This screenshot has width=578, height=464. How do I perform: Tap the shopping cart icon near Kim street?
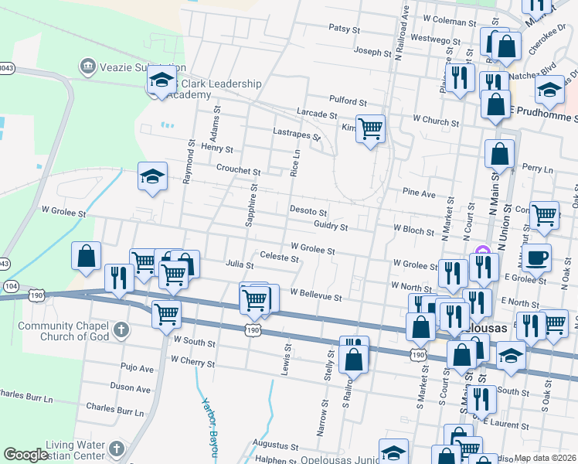(371, 129)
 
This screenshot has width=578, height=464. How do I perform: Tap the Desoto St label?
(308, 210)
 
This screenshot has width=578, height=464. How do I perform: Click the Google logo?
(25, 455)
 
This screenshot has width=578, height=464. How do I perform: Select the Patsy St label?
(345, 29)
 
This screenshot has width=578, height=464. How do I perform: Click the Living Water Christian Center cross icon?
(116, 449)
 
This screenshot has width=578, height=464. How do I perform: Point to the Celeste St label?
(279, 256)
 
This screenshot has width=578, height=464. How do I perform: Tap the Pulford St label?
(347, 101)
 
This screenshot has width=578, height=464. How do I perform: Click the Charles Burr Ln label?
(111, 407)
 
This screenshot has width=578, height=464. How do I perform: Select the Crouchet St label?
(239, 170)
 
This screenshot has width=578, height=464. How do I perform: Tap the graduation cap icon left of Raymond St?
(152, 177)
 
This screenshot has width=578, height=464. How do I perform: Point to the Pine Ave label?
(419, 193)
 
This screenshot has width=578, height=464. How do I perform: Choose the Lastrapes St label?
(297, 133)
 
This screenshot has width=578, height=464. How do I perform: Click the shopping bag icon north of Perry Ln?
(499, 155)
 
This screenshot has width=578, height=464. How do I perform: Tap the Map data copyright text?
(546, 458)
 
